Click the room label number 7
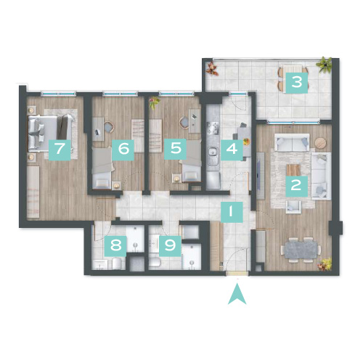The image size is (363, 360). [x=60, y=150]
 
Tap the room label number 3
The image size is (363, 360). [x=297, y=83]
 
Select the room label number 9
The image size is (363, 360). [x=170, y=246]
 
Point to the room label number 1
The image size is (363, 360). [x=232, y=212]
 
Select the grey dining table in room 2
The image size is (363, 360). [x=301, y=250]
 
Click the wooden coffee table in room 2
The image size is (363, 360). [x=293, y=170]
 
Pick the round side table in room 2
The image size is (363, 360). [x=320, y=143]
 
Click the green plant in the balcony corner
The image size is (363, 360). [x=325, y=65]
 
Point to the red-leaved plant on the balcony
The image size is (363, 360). [x=213, y=68]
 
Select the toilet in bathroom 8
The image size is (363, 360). [x=118, y=263]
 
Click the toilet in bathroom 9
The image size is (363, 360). [x=154, y=263]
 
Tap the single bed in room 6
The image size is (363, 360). [x=102, y=168]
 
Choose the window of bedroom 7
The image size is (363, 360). [x=58, y=94]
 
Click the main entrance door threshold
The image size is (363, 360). [x=237, y=273]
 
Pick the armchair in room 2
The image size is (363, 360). [x=293, y=207]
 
